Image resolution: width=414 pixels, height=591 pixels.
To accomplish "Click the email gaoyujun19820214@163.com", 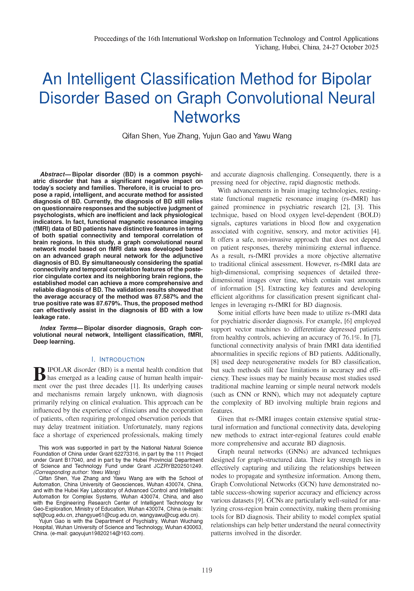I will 106,533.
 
